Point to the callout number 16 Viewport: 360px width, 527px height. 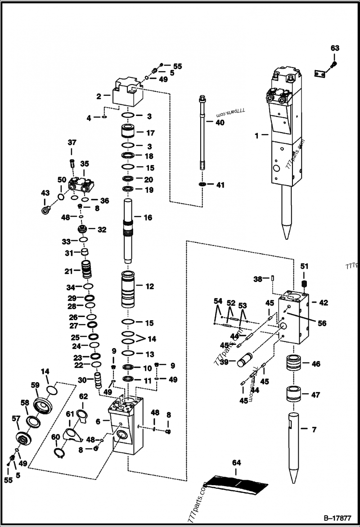(148, 218)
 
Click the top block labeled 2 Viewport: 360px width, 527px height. (127, 92)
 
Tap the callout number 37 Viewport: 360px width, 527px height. (72, 143)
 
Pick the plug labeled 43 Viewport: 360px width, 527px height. (45, 210)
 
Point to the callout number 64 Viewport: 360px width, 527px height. (236, 462)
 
